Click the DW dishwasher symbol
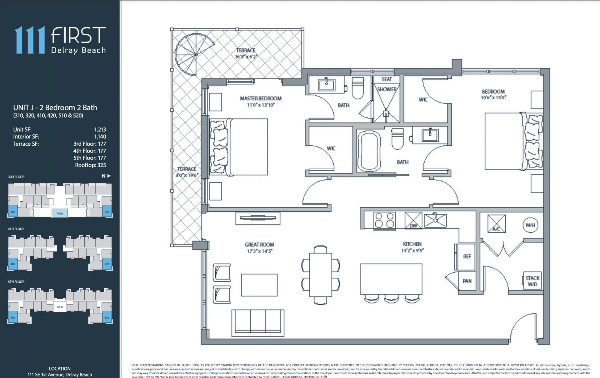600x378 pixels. pyautogui.click(x=413, y=221)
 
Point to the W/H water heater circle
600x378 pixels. pyautogui.click(x=530, y=225)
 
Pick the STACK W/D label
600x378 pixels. pyautogui.click(x=532, y=281)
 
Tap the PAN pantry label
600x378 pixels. pyautogui.click(x=467, y=281)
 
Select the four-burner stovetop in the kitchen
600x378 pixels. pyautogui.click(x=384, y=220)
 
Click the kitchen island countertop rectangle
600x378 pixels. pyautogui.click(x=391, y=279)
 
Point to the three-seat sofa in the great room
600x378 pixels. pyautogui.click(x=258, y=323)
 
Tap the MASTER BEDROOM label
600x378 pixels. pyautogui.click(x=261, y=98)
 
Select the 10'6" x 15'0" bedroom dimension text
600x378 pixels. pyautogui.click(x=493, y=98)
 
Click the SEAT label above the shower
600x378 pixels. pyautogui.click(x=387, y=79)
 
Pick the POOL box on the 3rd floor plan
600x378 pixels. pyautogui.click(x=60, y=213)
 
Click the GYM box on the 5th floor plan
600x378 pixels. pyautogui.click(x=60, y=307)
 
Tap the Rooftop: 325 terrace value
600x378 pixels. pyautogui.click(x=90, y=165)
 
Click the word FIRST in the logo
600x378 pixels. pyautogui.click(x=78, y=35)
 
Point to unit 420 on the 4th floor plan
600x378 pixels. pyautogui.click(x=107, y=264)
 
